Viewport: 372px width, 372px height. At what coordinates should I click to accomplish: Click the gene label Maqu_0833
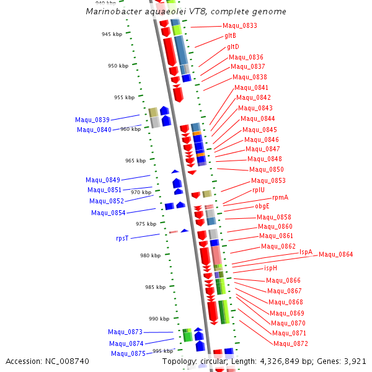tap(240, 26)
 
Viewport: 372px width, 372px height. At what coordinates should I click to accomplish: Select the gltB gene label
tap(230, 36)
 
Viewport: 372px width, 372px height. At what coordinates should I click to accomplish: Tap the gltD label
tap(232, 46)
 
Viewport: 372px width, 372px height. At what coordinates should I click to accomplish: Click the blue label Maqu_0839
tap(92, 120)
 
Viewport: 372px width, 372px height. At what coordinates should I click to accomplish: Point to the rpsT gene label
tap(122, 238)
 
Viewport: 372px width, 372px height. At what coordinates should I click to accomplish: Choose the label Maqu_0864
tap(336, 254)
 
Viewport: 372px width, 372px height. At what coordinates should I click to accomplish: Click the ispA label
tap(306, 252)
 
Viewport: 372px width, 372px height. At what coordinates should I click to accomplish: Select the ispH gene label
tap(270, 268)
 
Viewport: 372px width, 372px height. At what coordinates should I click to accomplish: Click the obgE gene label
tap(262, 206)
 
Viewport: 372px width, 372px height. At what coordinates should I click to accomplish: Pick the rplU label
tap(259, 190)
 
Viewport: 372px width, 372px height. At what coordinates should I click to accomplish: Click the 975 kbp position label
tap(146, 224)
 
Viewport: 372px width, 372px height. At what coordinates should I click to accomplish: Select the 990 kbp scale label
tap(159, 319)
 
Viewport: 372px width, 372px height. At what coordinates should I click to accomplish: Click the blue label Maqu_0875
tap(128, 353)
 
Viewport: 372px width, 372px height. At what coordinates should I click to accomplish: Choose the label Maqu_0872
tap(291, 343)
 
